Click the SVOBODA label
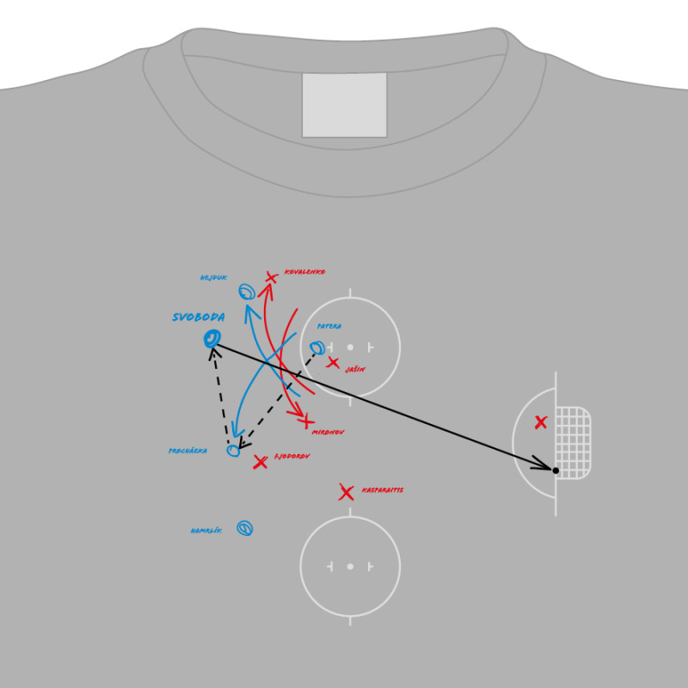(x=198, y=317)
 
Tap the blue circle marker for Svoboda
(x=212, y=339)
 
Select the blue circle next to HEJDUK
(x=247, y=292)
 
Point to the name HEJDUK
(x=213, y=278)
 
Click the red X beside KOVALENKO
(x=271, y=277)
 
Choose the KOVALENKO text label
(x=304, y=272)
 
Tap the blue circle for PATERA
(x=317, y=348)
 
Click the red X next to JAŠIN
(x=333, y=362)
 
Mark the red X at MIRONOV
(x=306, y=421)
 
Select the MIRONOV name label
(x=328, y=432)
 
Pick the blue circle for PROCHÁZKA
(x=233, y=451)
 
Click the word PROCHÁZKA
(x=187, y=451)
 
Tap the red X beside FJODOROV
(x=260, y=463)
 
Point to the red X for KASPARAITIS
(x=346, y=493)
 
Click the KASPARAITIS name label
(x=382, y=490)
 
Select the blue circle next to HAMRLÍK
(x=245, y=528)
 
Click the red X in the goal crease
(x=540, y=422)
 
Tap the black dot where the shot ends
(x=556, y=470)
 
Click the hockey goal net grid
(x=573, y=442)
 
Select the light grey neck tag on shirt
(x=344, y=104)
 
